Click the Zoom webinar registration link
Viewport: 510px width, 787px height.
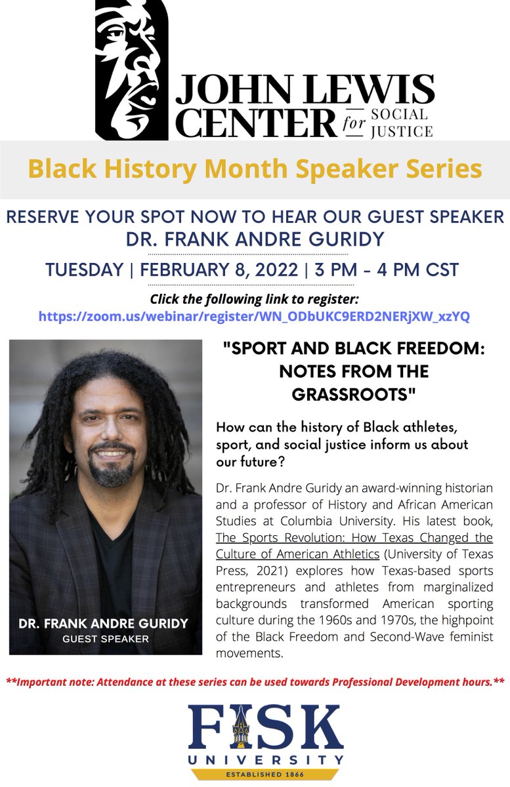[254, 316]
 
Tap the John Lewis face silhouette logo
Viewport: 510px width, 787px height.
[131, 70]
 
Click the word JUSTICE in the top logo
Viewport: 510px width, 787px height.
[402, 131]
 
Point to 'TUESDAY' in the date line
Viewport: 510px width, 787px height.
[85, 270]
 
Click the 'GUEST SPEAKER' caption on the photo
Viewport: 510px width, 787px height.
[106, 639]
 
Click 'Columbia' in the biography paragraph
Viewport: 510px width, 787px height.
[306, 521]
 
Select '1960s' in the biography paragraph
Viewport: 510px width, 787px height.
[335, 620]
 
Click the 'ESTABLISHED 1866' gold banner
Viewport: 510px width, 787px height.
[265, 775]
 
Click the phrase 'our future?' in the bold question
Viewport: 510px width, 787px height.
[250, 462]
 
